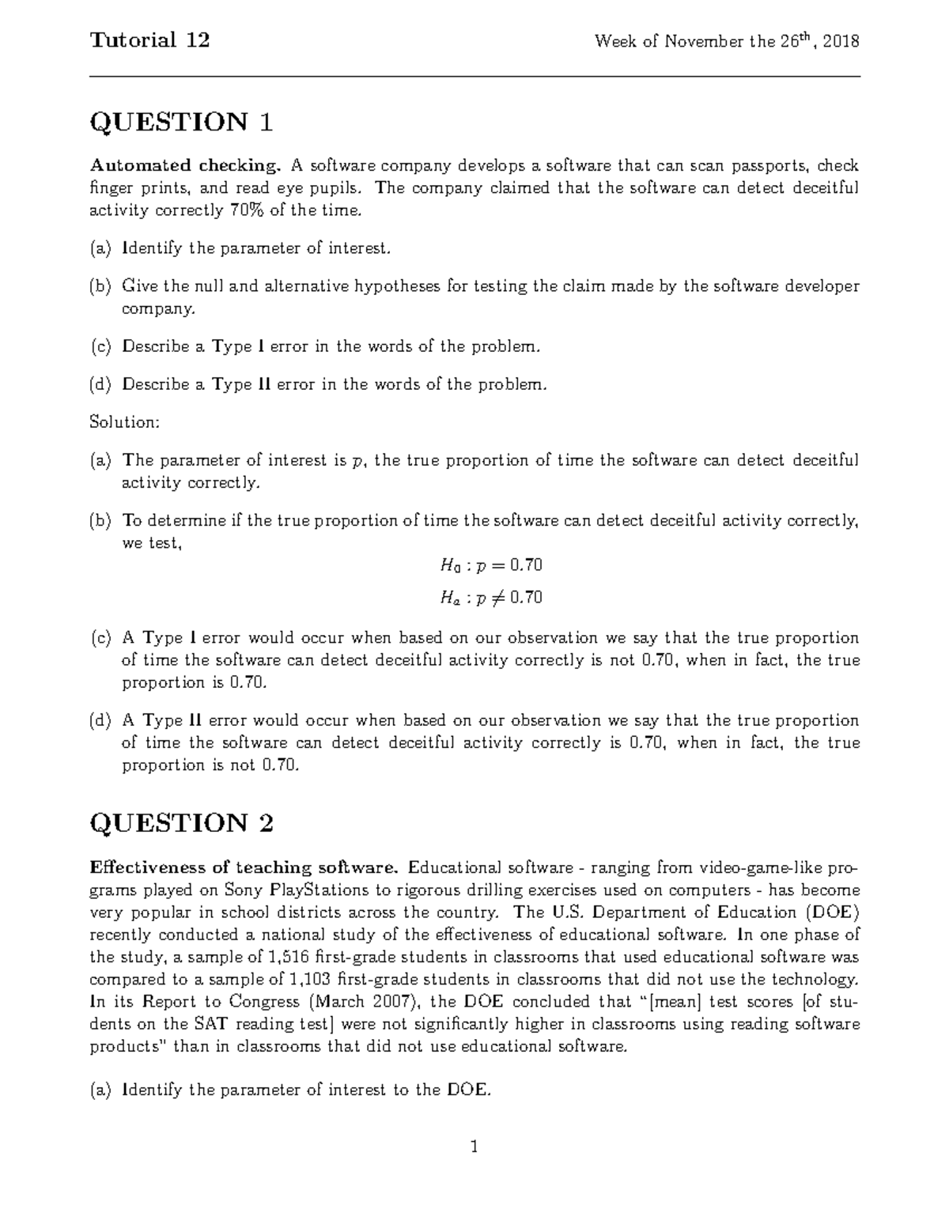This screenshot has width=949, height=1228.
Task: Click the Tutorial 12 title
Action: [x=149, y=40]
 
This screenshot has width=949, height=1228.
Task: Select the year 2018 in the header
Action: [x=841, y=42]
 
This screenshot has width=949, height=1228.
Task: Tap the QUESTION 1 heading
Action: [x=181, y=123]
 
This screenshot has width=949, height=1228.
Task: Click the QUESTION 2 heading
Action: [x=181, y=823]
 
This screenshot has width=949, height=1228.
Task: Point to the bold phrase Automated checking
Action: [x=185, y=166]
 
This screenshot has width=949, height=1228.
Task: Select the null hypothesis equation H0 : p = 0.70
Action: [x=490, y=565]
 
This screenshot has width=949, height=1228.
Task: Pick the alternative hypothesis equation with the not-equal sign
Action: [x=490, y=598]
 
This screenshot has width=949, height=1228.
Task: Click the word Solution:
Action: [x=125, y=422]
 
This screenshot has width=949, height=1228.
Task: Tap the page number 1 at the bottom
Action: [x=474, y=1147]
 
